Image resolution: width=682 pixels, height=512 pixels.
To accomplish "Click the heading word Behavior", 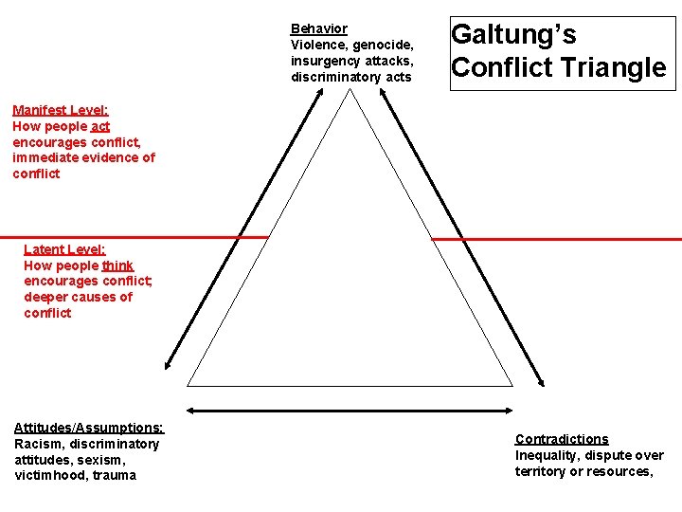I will (x=318, y=28).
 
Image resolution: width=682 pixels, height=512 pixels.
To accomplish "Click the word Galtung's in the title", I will (x=513, y=35).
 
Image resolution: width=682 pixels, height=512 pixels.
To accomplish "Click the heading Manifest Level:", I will (x=61, y=110).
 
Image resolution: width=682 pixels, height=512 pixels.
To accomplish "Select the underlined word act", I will (x=101, y=126).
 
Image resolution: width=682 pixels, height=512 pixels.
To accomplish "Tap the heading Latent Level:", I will (x=64, y=249).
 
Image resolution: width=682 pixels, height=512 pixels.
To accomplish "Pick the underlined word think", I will (x=118, y=265).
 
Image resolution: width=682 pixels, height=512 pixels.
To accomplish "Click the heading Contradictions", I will (x=562, y=439).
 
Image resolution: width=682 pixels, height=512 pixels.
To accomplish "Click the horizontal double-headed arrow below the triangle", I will (x=350, y=411).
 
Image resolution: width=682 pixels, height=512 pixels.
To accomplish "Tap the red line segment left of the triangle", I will (x=133, y=237).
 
